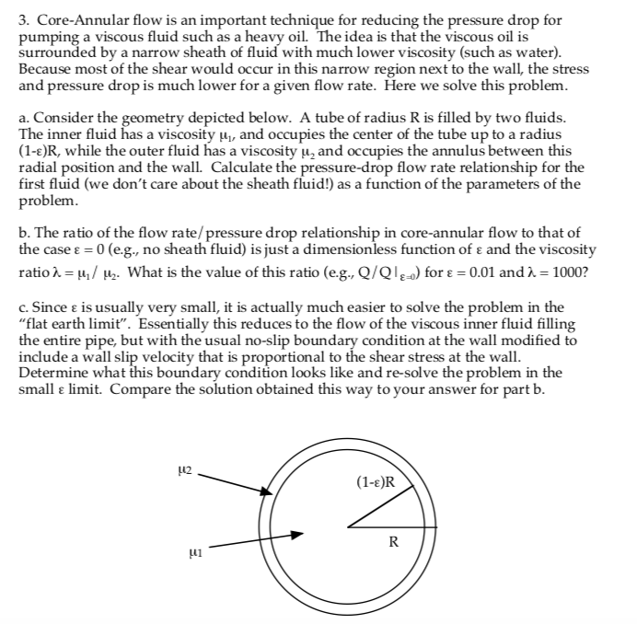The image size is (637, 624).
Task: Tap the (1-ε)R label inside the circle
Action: tap(375, 481)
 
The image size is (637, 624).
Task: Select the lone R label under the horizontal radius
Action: tap(393, 541)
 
